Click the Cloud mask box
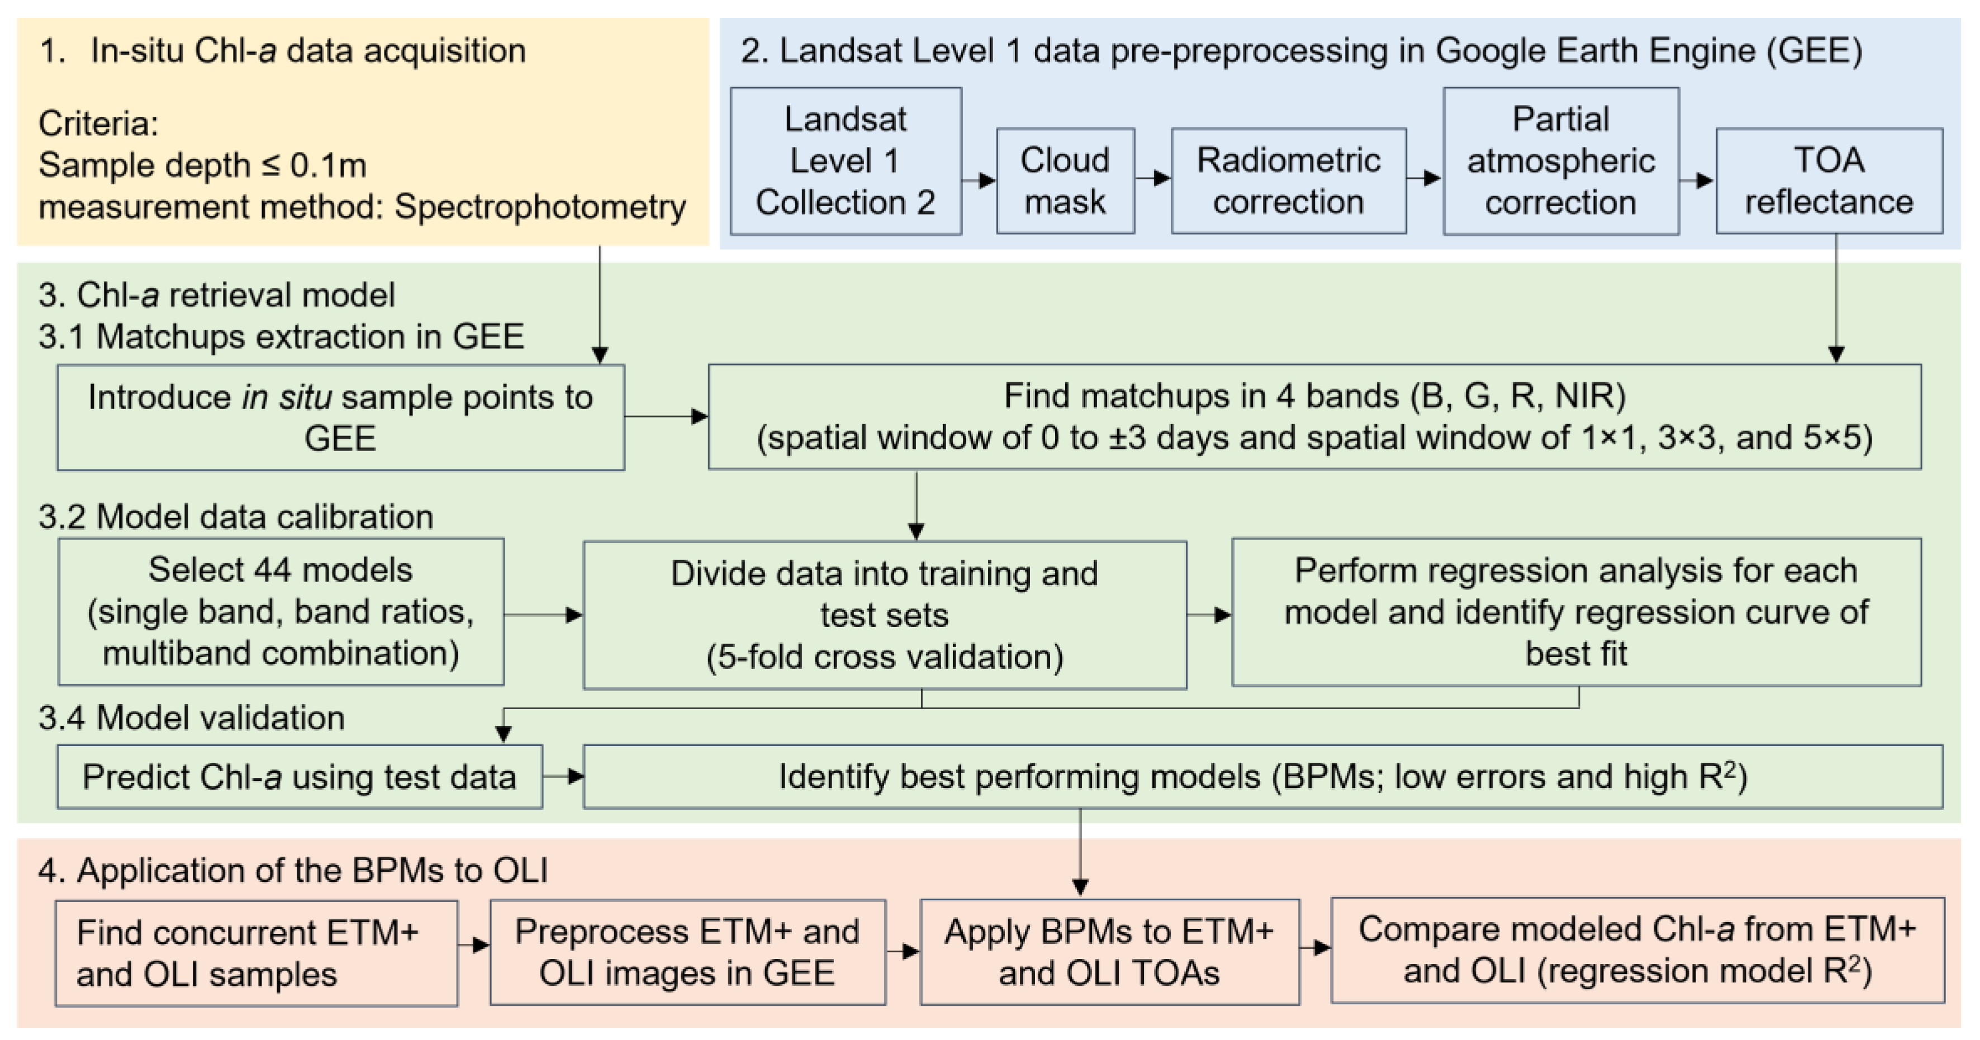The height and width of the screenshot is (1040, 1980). [1065, 181]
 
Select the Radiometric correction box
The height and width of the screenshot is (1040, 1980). [1288, 181]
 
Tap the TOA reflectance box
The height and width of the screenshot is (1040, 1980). [1829, 181]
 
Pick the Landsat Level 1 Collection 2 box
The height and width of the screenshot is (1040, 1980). [845, 160]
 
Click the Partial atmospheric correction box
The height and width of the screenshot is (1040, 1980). [1560, 160]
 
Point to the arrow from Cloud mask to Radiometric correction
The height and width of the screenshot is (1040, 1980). [1152, 178]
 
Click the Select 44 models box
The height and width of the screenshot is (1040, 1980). [281, 611]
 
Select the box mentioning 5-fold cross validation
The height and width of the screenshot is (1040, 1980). [884, 615]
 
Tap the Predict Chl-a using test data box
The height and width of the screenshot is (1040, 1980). [299, 776]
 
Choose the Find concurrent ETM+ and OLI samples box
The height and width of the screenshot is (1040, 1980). [256, 953]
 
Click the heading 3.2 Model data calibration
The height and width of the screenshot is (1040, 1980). [235, 516]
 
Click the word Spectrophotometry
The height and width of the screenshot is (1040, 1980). [540, 207]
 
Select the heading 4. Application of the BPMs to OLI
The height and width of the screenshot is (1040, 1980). [293, 870]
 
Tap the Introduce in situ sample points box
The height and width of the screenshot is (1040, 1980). [340, 417]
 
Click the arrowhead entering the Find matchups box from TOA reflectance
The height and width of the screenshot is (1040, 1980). [1835, 354]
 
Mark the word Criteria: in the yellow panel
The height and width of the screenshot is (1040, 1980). [98, 123]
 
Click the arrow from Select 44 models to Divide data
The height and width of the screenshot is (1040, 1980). [543, 615]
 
